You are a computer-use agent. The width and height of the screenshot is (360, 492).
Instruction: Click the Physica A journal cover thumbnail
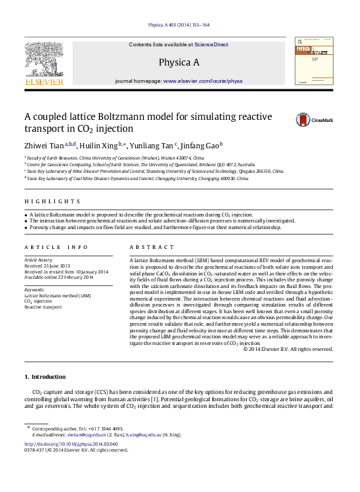(314, 60)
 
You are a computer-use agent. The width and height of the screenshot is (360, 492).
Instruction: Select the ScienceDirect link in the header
(211, 44)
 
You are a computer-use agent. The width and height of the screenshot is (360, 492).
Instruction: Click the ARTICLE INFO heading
(56, 247)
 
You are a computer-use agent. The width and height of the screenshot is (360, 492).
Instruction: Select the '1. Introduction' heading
(45, 377)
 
